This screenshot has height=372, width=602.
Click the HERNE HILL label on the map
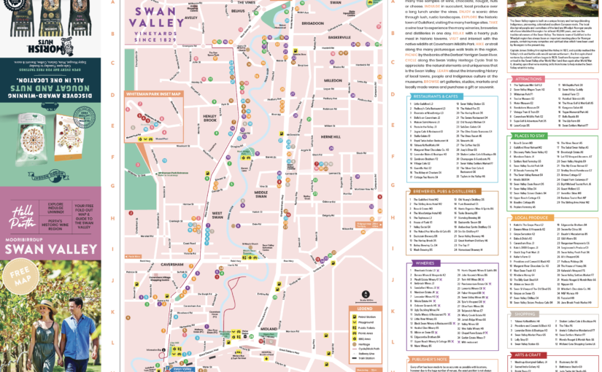(330, 136)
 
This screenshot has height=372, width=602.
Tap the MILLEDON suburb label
(333, 100)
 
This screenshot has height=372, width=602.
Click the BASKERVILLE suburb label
(340, 57)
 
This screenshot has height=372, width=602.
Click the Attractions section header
(528, 79)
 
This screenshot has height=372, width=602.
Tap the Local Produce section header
(531, 217)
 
